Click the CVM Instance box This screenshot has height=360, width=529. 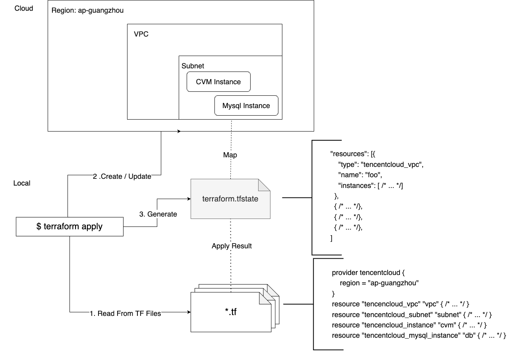click(x=218, y=82)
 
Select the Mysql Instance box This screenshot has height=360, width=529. click(x=246, y=106)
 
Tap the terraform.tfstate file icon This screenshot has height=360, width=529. click(x=230, y=199)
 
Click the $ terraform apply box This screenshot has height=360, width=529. click(x=70, y=226)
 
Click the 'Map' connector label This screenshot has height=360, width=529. click(x=230, y=155)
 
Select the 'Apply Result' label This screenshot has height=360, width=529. click(x=232, y=246)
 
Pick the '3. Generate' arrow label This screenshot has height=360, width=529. click(x=158, y=214)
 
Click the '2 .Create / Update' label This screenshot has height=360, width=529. click(x=122, y=176)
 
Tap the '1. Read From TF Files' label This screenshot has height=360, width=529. click(x=125, y=314)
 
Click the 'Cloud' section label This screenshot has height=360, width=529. click(x=24, y=8)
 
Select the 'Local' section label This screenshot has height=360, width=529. click(x=22, y=183)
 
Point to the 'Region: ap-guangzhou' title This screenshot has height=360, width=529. click(x=87, y=10)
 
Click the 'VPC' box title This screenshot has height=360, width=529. click(x=141, y=34)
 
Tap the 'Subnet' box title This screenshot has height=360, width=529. click(x=193, y=66)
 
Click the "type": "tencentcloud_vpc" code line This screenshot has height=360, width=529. click(x=380, y=165)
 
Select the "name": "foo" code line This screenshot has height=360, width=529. click(x=360, y=175)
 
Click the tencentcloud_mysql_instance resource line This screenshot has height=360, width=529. click(x=419, y=335)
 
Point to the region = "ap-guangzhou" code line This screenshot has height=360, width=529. click(x=380, y=283)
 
